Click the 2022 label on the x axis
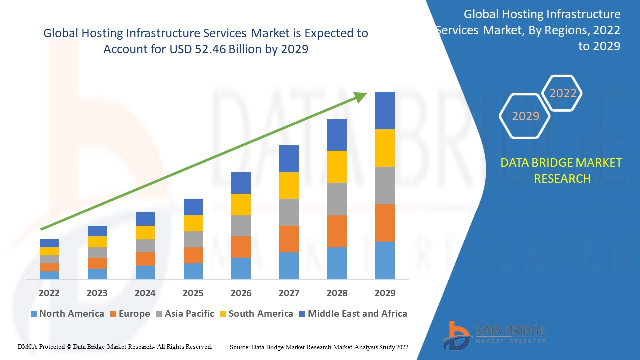point(49,293)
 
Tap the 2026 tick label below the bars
point(241,293)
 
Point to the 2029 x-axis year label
point(385,293)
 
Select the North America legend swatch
point(34,314)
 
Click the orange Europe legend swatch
point(113,314)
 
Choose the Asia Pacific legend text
point(189,314)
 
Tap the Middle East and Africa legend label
point(357,314)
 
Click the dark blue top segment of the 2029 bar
point(385,110)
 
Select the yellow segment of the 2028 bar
point(337,166)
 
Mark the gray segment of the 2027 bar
point(289,212)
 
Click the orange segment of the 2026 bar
point(241,247)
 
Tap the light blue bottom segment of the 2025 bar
point(193,271)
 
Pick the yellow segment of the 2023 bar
point(97,242)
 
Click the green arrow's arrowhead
point(361,96)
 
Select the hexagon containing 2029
point(525,116)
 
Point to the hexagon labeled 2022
point(563,93)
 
